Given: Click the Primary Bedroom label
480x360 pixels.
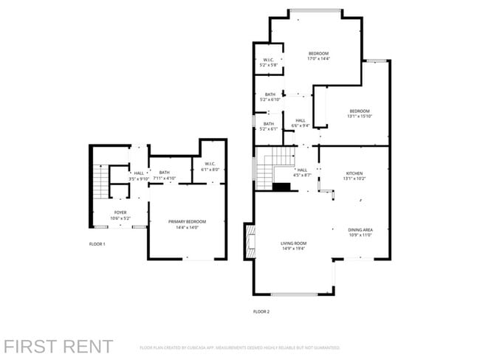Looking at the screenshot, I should point(187,224).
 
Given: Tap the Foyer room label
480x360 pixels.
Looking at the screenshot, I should point(120,215).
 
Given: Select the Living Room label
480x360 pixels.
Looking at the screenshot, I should point(293,245).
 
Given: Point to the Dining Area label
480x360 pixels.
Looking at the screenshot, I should point(360,232).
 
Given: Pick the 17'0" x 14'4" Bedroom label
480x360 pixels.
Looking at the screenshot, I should point(318,55).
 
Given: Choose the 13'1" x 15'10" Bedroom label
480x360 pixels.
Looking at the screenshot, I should point(360,114).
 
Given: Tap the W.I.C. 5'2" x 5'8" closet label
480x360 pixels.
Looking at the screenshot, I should point(269,63).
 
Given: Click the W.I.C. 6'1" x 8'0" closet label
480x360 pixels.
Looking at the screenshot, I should point(210,166).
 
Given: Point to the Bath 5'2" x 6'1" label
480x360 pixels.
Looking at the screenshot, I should point(269,126).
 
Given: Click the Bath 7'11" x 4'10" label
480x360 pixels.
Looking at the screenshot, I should point(164,175).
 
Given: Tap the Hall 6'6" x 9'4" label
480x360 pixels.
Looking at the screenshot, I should point(301,122).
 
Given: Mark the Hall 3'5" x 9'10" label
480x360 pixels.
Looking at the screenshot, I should point(139,176).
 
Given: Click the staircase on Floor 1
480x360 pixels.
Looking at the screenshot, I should point(101,182).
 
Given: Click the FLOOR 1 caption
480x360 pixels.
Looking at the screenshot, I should point(97,244).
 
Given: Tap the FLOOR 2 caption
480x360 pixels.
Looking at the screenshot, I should point(261,312).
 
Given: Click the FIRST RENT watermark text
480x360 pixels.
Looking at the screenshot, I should point(58,346).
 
